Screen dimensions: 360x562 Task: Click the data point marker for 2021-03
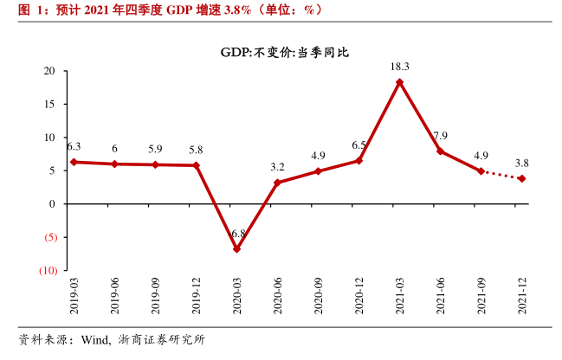point(399,82)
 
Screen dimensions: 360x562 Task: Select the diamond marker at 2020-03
point(236,249)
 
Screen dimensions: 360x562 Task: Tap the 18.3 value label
point(399,67)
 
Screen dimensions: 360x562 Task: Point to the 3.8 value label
point(522,163)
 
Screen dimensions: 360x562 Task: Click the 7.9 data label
point(440,136)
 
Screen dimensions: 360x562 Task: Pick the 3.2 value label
point(277,167)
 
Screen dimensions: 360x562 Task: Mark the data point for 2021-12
point(522,179)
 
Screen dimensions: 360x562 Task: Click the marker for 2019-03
point(74,162)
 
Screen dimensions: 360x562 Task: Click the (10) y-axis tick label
point(47,271)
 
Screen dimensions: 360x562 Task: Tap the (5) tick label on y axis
point(48,238)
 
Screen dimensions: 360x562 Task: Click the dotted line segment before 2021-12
point(501,175)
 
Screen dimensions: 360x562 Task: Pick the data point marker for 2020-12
point(359,160)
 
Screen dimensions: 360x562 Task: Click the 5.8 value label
point(196,150)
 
